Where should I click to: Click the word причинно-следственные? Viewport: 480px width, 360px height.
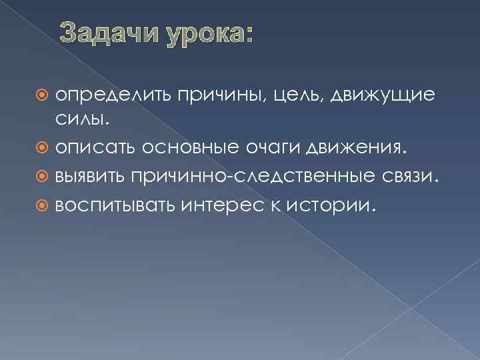(x=253, y=175)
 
